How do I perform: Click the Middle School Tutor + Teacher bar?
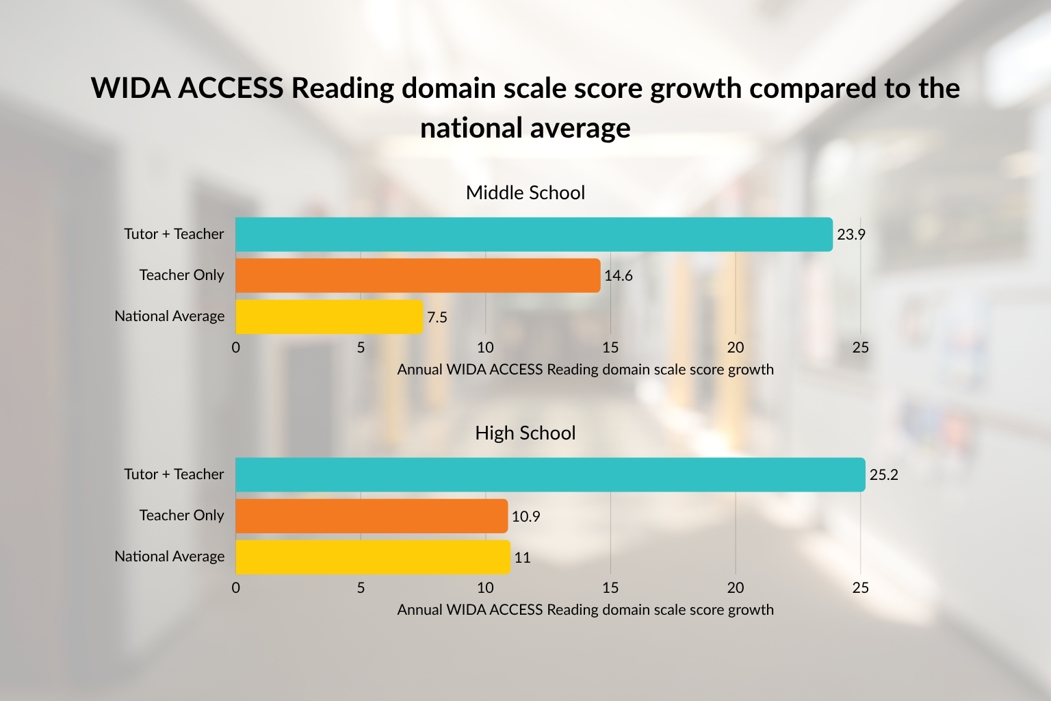534,234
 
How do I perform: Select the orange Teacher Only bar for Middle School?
417,275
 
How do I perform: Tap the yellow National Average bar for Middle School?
329,316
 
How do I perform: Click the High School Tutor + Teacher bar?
550,474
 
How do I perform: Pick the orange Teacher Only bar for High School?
372,515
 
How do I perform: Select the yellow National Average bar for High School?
373,557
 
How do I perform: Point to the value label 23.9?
851,235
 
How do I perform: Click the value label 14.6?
619,276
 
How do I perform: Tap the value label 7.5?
437,317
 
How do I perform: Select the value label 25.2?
883,475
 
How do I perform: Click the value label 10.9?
525,516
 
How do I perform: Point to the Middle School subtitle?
525,192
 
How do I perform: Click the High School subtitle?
525,433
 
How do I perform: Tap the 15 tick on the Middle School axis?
610,347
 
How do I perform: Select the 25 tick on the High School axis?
860,587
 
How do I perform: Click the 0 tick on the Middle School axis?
236,347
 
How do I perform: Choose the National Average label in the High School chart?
169,557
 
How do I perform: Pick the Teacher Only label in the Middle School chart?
181,275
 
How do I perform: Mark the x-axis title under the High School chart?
585,609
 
